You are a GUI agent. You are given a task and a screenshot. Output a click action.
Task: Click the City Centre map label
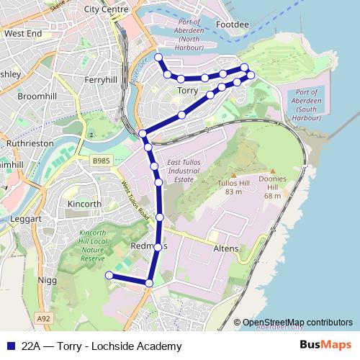(x=106, y=9)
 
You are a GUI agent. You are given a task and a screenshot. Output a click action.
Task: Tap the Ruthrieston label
(x=30, y=143)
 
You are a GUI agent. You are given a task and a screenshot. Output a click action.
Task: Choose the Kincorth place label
(x=84, y=204)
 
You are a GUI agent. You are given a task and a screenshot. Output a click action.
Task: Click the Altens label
(x=226, y=248)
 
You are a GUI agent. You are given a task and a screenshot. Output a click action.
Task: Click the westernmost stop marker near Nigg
(x=109, y=275)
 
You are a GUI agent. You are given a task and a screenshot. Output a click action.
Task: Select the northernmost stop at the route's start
(x=158, y=57)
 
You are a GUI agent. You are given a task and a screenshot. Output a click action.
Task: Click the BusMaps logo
(x=325, y=346)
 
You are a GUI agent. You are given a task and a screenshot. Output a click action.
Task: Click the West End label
(x=22, y=33)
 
